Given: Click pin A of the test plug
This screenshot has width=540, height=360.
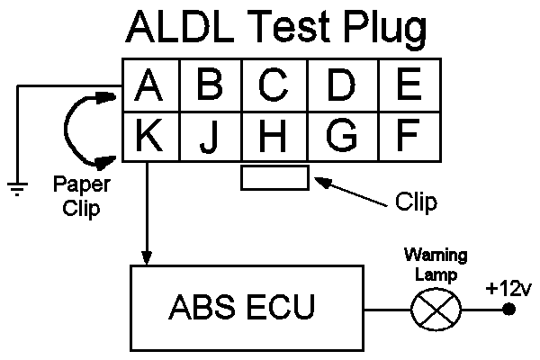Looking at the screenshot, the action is [x=151, y=85].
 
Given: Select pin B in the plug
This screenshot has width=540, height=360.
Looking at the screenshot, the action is [x=211, y=85].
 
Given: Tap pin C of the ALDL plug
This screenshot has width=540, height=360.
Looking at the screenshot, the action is [x=274, y=85].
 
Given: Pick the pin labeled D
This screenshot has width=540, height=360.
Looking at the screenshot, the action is [x=343, y=85].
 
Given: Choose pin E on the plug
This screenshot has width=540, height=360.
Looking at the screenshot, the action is [x=409, y=85].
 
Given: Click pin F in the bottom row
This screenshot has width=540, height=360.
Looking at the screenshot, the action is [x=409, y=137].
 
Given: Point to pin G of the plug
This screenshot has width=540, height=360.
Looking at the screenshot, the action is [x=343, y=137].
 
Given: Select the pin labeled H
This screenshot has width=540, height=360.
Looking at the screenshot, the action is [x=274, y=137].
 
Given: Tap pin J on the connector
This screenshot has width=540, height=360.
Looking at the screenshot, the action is [x=211, y=137].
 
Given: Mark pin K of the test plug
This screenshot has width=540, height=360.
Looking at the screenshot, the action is [x=151, y=137].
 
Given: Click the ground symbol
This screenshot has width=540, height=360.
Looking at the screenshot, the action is [x=17, y=189].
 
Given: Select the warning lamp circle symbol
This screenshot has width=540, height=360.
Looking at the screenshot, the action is [x=436, y=310].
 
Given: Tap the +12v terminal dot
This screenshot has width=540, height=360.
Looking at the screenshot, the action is [x=508, y=309].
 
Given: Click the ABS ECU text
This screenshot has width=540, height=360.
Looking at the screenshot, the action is [x=242, y=307].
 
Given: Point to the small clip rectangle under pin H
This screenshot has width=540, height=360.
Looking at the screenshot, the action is [x=274, y=177].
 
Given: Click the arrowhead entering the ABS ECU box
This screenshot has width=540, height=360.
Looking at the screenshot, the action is [x=147, y=258].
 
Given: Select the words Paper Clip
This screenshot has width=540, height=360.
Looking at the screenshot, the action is [x=82, y=196].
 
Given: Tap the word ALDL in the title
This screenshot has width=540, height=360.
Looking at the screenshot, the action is [x=180, y=26].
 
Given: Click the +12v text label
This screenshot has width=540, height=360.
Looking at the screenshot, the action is [x=508, y=289].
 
